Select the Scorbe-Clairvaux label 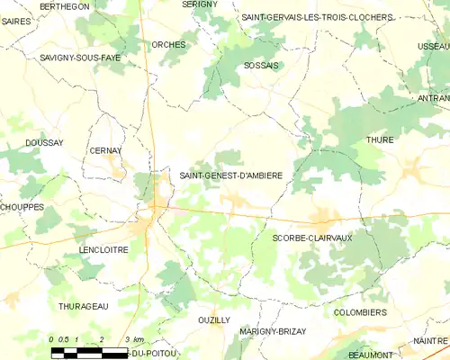[312, 237]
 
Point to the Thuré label [380, 140]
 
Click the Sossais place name [261, 66]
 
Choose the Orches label [168, 44]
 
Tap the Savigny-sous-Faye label [79, 57]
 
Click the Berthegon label [65, 6]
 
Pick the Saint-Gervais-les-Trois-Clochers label [317, 17]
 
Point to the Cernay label [105, 150]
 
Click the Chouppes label [22, 207]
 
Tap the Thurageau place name [83, 306]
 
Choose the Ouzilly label [213, 319]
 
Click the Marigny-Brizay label [273, 331]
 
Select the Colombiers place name [360, 312]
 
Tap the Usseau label [434, 46]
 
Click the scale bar [90, 351]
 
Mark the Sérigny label [200, 4]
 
